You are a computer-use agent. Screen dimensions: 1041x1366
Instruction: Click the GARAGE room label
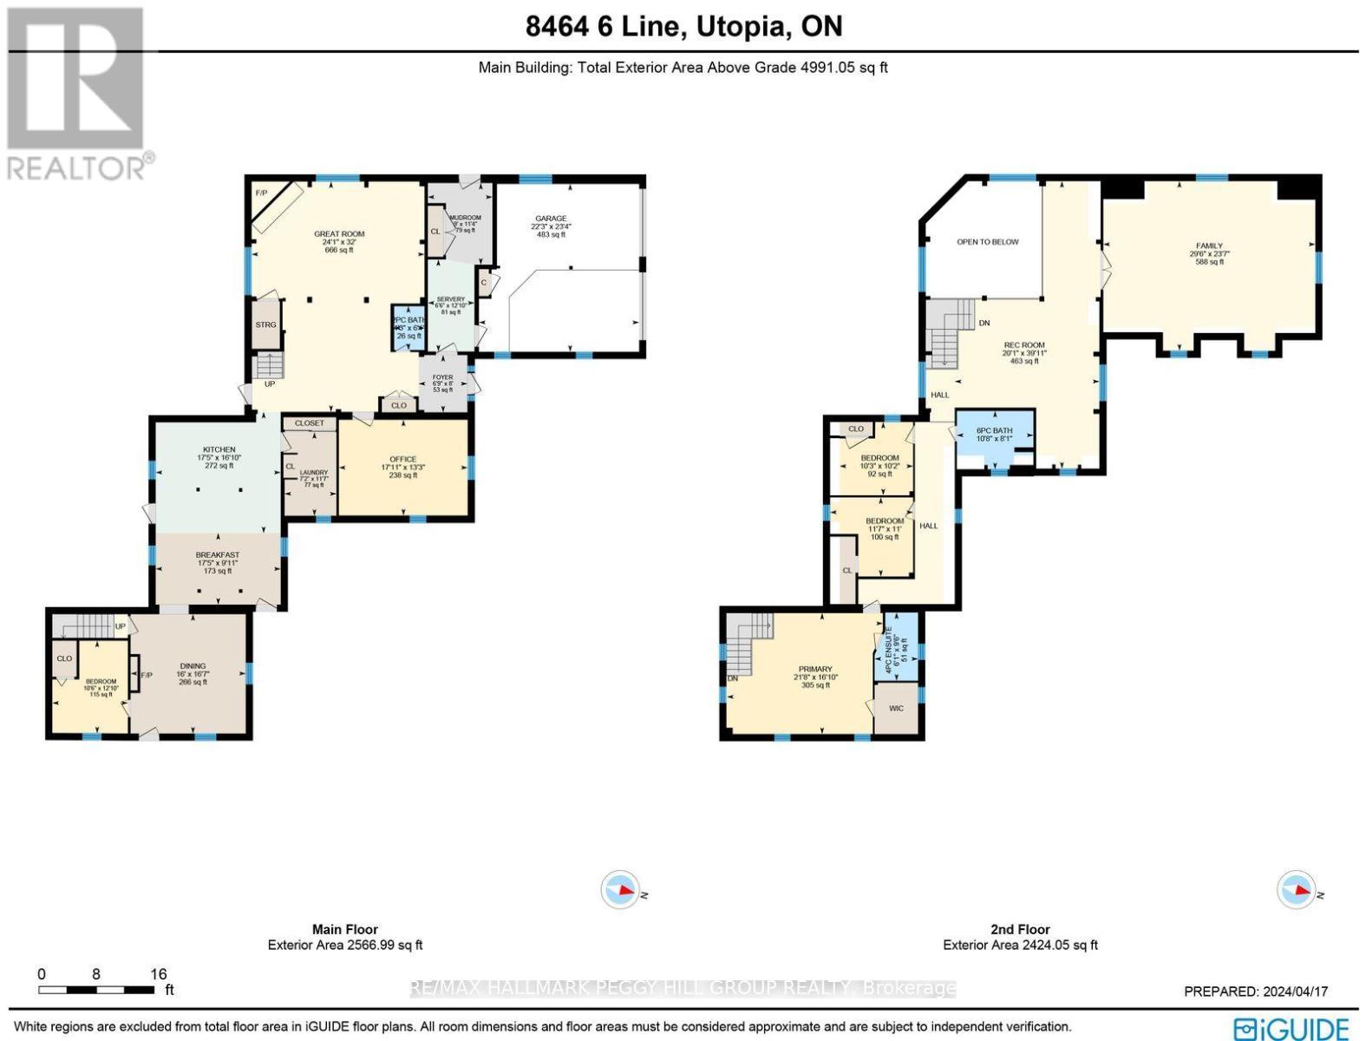(551, 219)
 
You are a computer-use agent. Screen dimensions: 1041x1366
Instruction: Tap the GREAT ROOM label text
(339, 234)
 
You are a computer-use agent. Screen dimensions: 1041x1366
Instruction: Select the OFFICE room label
(402, 460)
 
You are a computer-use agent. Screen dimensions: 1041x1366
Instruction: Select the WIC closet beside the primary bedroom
(896, 709)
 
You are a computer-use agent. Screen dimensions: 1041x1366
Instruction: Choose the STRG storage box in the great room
(265, 324)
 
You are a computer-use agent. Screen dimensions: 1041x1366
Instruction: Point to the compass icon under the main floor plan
(621, 890)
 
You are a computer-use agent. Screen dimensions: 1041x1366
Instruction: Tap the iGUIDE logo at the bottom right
(1292, 1027)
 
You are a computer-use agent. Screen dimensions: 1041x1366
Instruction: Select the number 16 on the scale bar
(158, 974)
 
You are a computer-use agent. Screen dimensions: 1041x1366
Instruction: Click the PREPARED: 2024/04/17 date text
(1255, 992)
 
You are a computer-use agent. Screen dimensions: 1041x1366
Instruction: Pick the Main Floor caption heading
(344, 929)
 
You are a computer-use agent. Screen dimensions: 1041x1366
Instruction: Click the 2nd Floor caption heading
(1020, 929)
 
